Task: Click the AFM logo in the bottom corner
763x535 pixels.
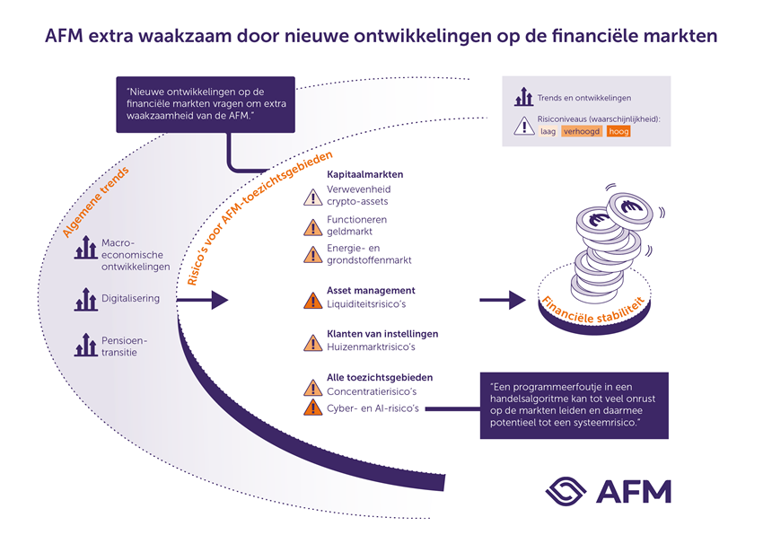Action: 607,489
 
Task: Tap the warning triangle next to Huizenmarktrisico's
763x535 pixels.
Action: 312,342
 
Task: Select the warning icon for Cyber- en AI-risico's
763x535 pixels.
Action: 312,408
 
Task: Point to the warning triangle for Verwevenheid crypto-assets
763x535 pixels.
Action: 312,197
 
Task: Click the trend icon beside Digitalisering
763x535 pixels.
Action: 85,300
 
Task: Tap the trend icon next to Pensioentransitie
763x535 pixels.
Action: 85,345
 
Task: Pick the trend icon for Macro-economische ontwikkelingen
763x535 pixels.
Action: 85,250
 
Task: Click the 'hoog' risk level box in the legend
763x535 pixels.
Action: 618,131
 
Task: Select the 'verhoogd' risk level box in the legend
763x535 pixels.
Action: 582,131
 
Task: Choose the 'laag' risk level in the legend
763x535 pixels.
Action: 548,131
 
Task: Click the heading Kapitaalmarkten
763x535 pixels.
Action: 365,174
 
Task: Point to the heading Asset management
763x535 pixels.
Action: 371,290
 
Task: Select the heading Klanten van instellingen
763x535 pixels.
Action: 381,333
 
